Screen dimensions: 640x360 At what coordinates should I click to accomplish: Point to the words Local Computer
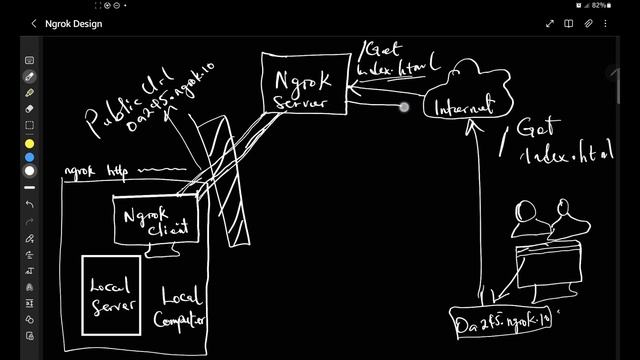(x=183, y=308)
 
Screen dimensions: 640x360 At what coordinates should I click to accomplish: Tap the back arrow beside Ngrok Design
(x=33, y=23)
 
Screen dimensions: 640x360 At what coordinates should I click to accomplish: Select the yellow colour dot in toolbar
(x=30, y=143)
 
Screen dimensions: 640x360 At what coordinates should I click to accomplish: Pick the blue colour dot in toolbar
(x=30, y=157)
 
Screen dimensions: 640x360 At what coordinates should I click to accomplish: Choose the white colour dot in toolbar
(x=30, y=171)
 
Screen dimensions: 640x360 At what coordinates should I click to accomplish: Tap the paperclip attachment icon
(x=590, y=23)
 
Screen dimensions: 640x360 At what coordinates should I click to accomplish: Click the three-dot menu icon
(x=612, y=23)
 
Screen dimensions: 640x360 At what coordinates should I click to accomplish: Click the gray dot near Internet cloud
(x=404, y=107)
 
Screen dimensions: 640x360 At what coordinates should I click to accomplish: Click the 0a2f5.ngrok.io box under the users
(x=502, y=323)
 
